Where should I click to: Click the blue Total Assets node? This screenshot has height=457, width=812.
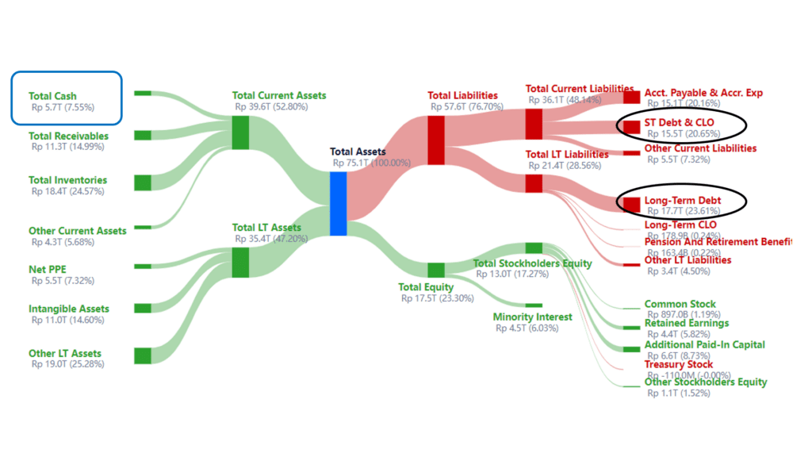pos(338,203)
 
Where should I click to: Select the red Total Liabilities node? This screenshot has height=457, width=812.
pos(436,140)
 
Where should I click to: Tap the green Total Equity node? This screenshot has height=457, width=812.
pos(436,270)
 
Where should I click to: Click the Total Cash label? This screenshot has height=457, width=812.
pos(52,96)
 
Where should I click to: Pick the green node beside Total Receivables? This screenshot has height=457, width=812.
pos(143,136)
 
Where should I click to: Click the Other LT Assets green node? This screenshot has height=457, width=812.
pos(143,355)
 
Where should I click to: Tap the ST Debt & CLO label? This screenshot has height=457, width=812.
pos(679,122)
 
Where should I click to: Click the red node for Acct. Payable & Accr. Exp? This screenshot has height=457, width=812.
pos(631,97)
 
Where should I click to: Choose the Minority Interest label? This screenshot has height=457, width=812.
pos(532,317)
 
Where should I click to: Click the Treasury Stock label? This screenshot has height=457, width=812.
pos(678,364)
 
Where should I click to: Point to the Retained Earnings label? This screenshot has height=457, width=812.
pos(686,323)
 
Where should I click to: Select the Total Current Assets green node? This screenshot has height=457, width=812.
pos(240,132)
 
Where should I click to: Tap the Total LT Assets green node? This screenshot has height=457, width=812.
pos(240,262)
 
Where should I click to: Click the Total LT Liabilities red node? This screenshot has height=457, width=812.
pos(534,183)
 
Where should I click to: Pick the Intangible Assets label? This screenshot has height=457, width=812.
pos(69,309)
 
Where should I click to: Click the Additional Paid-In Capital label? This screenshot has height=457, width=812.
pos(704,344)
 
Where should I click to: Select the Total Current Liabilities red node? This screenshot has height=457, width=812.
pos(534,125)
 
